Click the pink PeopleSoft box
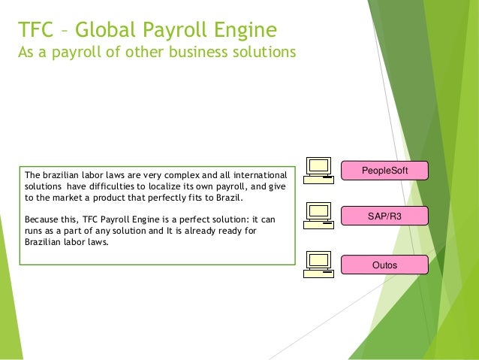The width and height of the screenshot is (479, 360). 384,171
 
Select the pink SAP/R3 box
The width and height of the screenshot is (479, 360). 384,217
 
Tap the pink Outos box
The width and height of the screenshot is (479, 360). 384,265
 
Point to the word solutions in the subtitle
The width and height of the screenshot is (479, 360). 257,54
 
